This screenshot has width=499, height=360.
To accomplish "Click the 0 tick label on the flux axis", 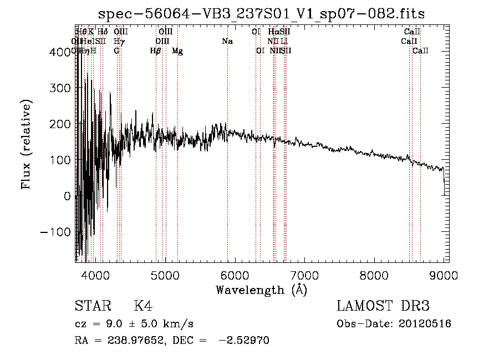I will click(x=67, y=196).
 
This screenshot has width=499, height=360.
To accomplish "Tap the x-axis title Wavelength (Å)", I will click(x=261, y=290).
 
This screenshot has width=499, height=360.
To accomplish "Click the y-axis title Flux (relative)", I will click(x=27, y=145).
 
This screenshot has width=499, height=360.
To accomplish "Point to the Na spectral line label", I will click(x=227, y=42).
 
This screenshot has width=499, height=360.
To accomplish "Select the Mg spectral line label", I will click(x=177, y=51).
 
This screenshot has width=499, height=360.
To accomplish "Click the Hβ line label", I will click(x=156, y=51).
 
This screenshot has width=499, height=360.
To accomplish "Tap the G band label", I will click(x=116, y=51).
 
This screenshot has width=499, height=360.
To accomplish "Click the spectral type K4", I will click(x=143, y=306).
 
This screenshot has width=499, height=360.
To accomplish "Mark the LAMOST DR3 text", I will click(x=383, y=306).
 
